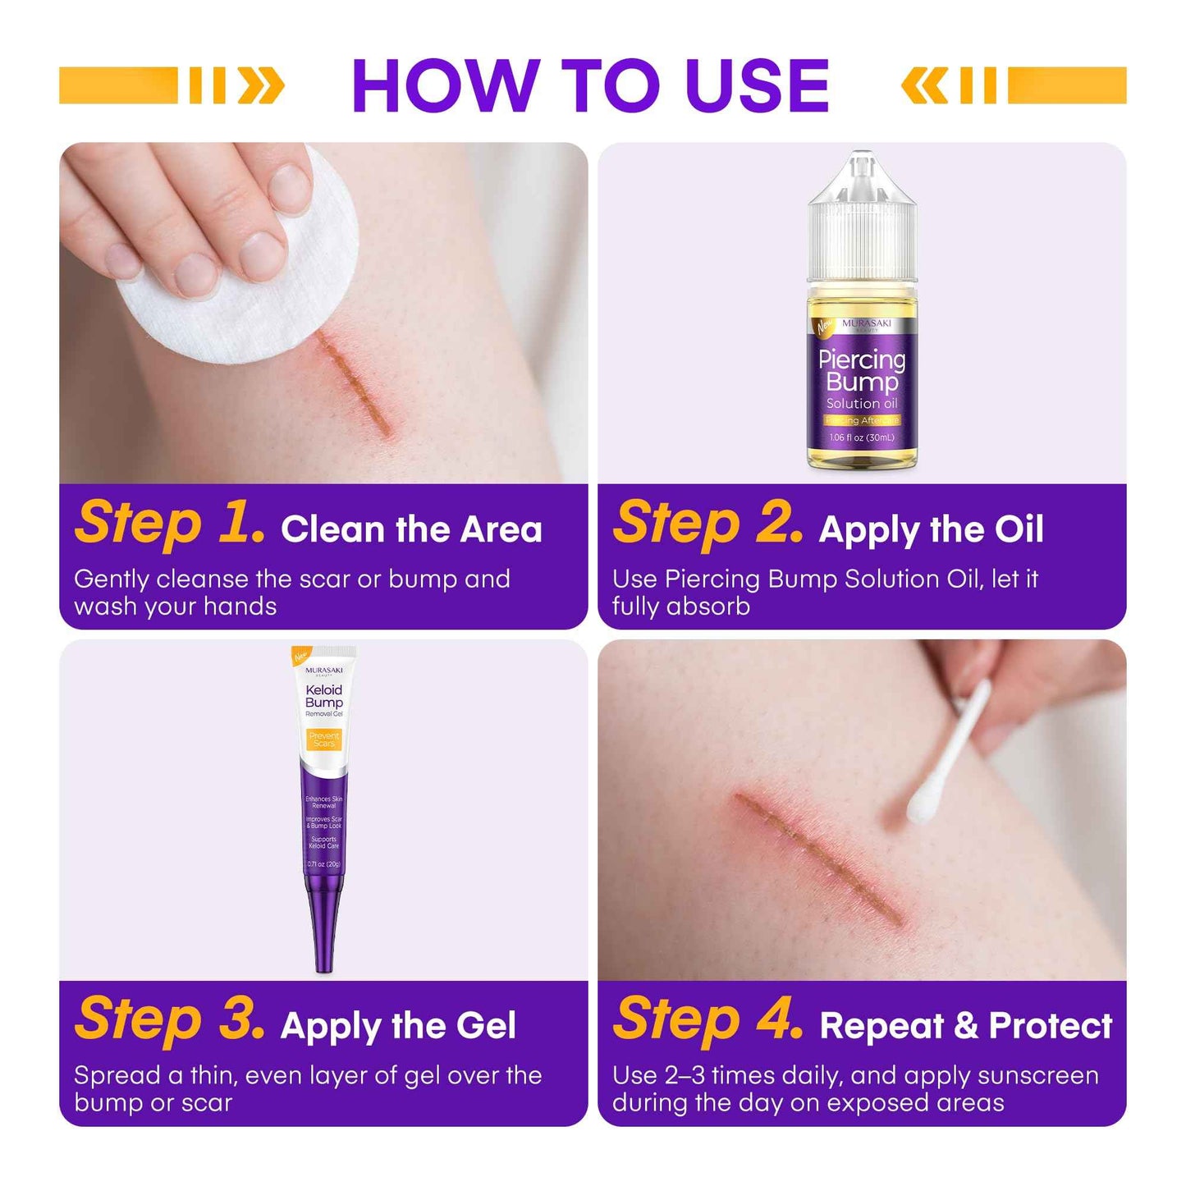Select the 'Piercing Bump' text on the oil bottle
pyautogui.click(x=862, y=370)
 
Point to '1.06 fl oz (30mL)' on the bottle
pyautogui.click(x=862, y=437)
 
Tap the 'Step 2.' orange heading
pyautogui.click(x=707, y=523)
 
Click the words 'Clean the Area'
pyautogui.click(x=411, y=529)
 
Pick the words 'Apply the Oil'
pyautogui.click(x=931, y=529)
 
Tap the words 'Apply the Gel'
pyautogui.click(x=398, y=1026)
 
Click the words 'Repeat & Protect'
pyautogui.click(x=965, y=1026)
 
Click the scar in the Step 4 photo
pyautogui.click(x=821, y=854)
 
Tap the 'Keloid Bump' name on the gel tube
pyautogui.click(x=324, y=696)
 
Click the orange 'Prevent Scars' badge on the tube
pyautogui.click(x=324, y=740)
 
